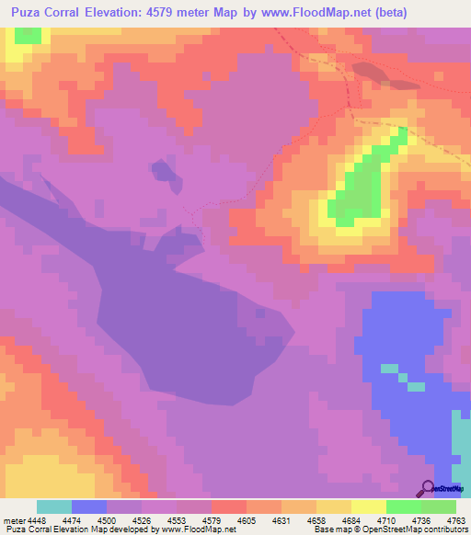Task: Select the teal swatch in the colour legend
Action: point(54,507)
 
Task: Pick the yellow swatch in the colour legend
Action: point(368,507)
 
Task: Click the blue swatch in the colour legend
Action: point(89,507)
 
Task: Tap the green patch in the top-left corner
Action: point(29,35)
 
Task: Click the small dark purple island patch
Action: point(164,171)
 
